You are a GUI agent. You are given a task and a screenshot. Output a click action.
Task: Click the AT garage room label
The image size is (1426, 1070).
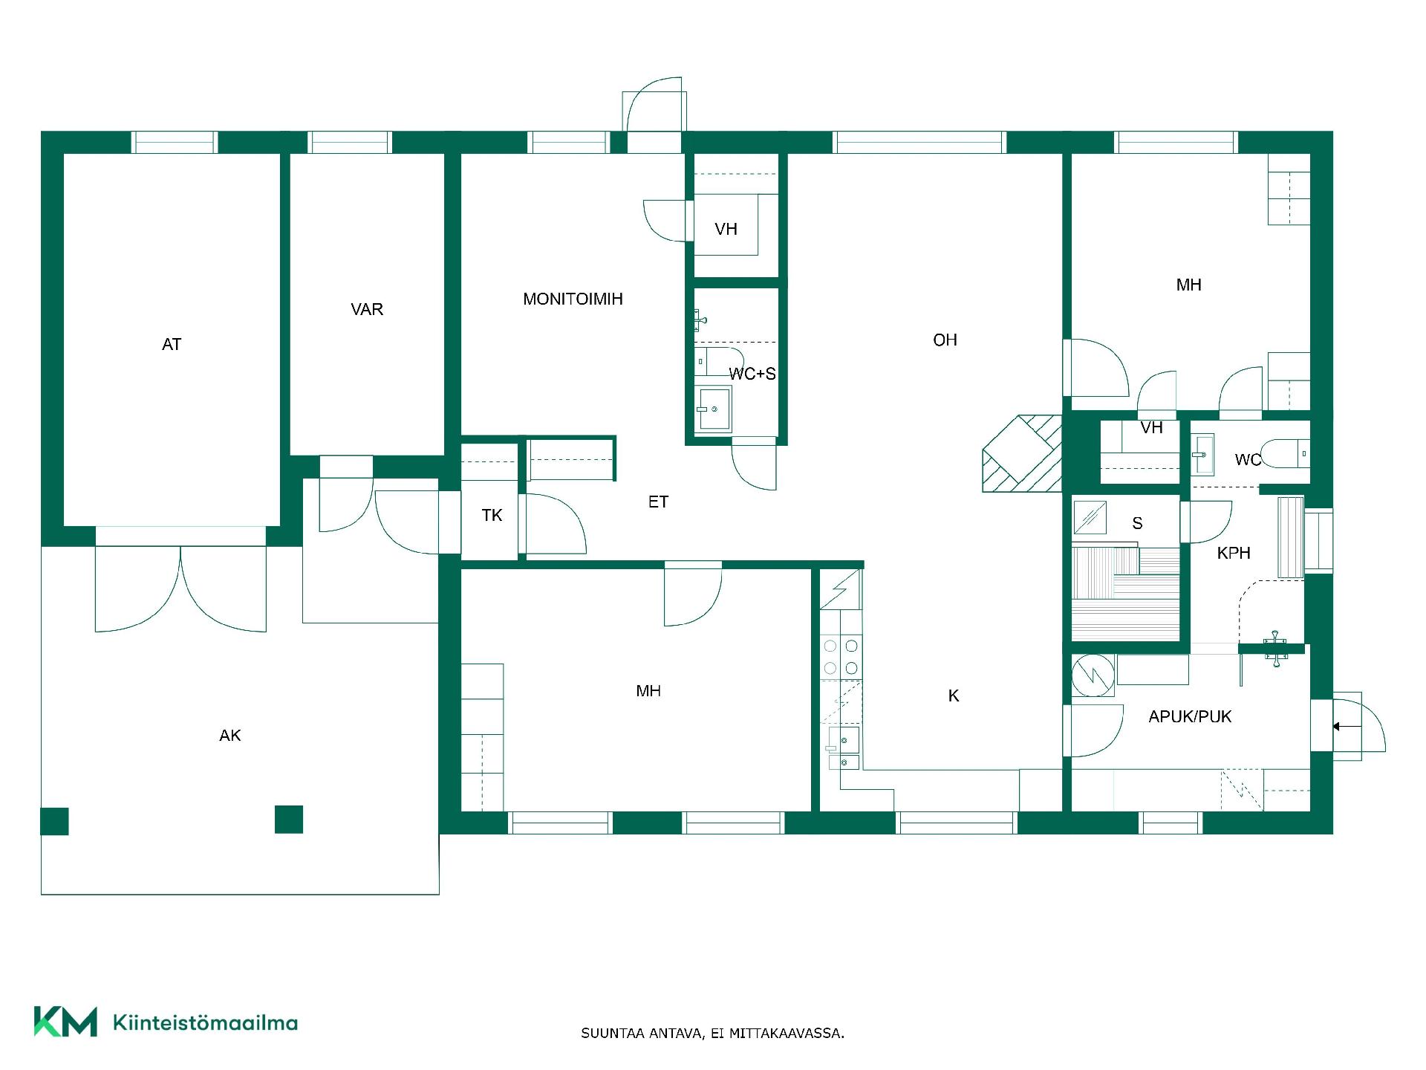(172, 345)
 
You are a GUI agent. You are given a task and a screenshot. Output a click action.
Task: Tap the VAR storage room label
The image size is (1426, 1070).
(367, 310)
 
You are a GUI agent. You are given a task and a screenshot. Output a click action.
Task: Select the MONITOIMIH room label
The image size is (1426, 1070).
(573, 299)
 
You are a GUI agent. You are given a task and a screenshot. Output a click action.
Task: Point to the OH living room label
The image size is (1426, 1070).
(945, 340)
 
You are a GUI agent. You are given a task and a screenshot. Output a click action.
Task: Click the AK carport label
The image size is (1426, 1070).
(230, 736)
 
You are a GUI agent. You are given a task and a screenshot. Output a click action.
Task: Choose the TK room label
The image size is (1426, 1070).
(492, 516)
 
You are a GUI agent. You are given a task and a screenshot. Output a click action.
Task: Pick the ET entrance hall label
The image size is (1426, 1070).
(658, 502)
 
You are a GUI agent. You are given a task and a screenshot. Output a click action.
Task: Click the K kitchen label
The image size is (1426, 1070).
(954, 696)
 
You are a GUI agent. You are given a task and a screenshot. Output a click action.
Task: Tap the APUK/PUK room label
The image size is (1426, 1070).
(1190, 717)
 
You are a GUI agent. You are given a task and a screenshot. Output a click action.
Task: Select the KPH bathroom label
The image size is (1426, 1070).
(1234, 554)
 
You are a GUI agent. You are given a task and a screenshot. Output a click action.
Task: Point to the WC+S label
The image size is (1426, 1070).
(752, 374)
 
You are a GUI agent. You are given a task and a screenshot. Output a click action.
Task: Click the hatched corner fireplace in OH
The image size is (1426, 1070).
(1022, 453)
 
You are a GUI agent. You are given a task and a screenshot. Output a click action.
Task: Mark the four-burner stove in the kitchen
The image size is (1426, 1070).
(841, 657)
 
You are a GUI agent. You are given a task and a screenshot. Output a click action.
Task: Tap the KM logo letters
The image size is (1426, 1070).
(65, 1022)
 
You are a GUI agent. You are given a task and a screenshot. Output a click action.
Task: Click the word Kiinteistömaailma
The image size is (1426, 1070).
(205, 1023)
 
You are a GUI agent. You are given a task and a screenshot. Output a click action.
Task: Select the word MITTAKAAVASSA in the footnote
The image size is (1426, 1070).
(787, 1034)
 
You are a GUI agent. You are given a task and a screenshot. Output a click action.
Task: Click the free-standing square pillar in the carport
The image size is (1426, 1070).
(289, 820)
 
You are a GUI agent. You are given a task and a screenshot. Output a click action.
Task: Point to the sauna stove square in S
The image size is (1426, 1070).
(1090, 518)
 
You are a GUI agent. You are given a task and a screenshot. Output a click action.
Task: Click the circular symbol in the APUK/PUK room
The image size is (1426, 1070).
(1093, 675)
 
